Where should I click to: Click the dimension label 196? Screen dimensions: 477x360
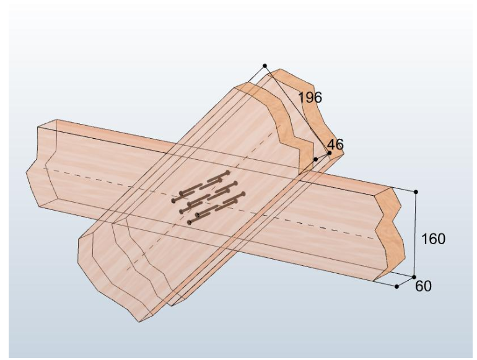pos(310,98)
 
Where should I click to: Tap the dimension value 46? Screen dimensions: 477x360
pos(335,144)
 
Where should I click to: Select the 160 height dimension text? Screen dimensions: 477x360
pos(433,239)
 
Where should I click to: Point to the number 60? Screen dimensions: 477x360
pos(423,286)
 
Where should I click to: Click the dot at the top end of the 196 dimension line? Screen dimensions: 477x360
pos(265,66)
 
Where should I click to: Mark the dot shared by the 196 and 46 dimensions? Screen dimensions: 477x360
pos(330,153)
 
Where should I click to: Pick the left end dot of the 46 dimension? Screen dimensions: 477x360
pos(316,159)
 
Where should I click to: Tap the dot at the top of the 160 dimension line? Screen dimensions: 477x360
pos(416,192)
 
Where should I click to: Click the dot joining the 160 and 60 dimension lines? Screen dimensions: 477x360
pos(414,277)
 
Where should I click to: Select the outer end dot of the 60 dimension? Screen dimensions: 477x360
pos(396,286)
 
